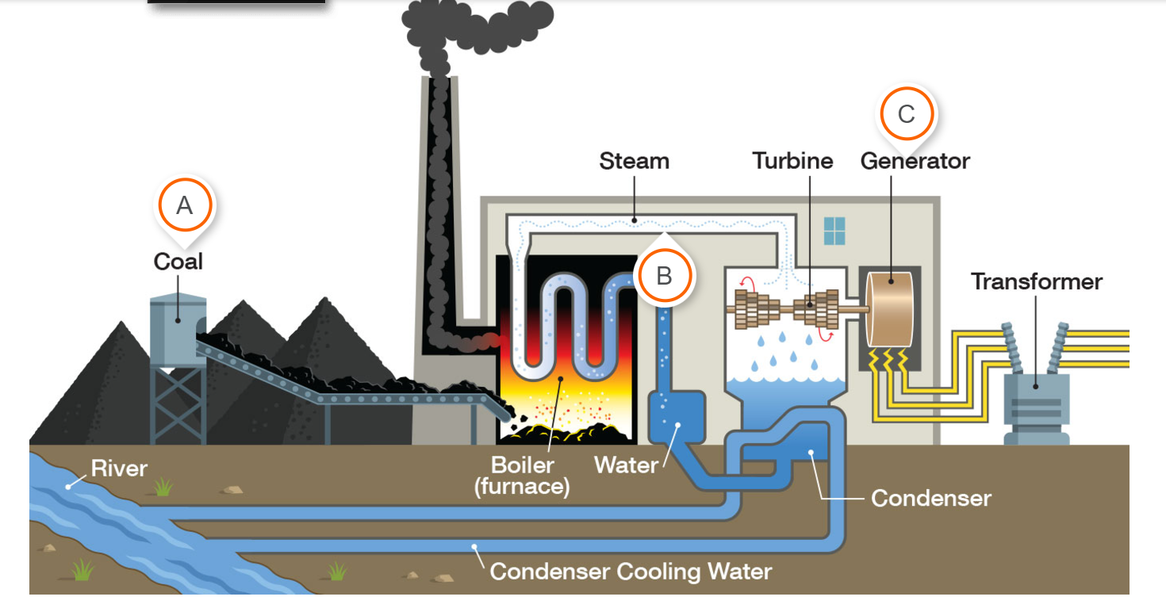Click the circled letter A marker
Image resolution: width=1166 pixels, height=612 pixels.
[x=184, y=205]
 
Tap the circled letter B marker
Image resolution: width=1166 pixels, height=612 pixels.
[x=665, y=276]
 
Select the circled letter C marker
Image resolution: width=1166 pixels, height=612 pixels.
[x=906, y=114]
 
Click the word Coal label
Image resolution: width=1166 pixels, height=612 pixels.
[x=178, y=262]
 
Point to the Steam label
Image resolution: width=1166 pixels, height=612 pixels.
[x=634, y=161]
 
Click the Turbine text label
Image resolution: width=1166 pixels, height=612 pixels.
[x=792, y=161]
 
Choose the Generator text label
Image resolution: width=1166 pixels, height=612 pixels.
[x=915, y=161]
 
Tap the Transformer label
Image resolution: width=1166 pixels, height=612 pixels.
[x=1037, y=281]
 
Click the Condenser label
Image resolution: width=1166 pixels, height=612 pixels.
[x=930, y=498]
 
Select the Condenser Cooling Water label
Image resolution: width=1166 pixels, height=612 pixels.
[x=631, y=571]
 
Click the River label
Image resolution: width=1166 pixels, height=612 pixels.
[x=119, y=468]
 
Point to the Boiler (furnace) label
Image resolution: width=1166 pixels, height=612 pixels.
[x=522, y=475]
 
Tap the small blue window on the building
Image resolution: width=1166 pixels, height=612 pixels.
[x=834, y=231]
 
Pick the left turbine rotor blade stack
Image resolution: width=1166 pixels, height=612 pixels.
[x=748, y=309]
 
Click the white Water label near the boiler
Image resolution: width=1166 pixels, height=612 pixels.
[x=627, y=465]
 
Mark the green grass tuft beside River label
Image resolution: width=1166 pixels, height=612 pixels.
[x=163, y=486]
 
